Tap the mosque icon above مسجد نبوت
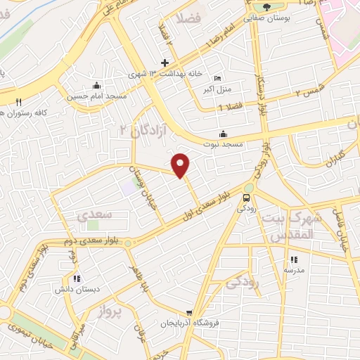pos(224,134)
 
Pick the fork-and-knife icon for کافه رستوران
pos(20,102)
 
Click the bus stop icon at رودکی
pos(247,198)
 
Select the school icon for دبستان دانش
pos(77,279)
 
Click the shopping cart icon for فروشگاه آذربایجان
pos(188,313)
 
